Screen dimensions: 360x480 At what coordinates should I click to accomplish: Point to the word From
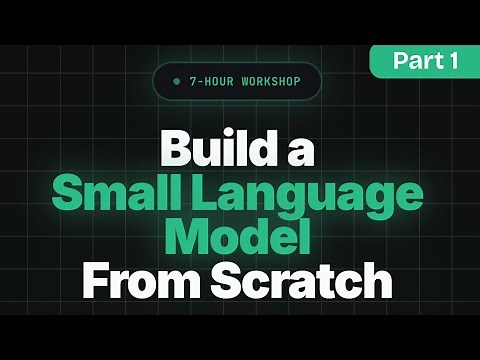(136, 281)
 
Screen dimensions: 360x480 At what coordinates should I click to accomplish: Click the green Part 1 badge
(425, 61)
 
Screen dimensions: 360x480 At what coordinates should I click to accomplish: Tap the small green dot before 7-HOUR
(177, 81)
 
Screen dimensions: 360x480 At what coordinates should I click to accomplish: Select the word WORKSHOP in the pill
(264, 81)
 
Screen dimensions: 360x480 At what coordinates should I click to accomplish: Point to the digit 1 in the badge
(453, 61)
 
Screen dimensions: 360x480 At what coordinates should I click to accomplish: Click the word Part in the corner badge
(415, 61)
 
